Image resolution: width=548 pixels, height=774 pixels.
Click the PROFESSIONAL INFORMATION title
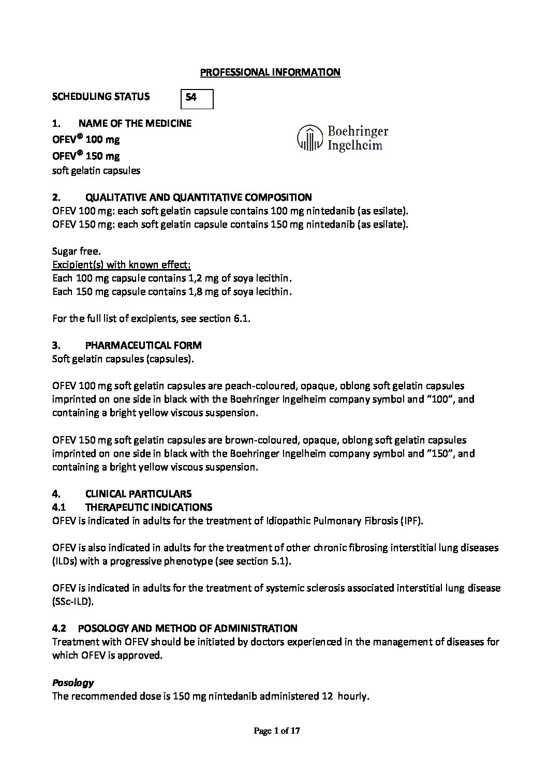click(270, 72)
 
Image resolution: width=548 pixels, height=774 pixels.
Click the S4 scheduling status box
click(197, 98)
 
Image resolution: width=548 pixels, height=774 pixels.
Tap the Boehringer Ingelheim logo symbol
click(309, 138)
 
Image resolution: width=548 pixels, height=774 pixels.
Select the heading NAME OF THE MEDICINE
click(135, 124)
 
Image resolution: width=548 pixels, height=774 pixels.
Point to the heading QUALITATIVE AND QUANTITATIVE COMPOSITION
click(198, 197)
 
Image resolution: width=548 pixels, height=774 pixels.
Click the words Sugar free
click(77, 251)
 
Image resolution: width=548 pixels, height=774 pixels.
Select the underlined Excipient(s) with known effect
click(122, 265)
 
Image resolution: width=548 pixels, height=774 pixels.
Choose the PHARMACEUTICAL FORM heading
click(143, 346)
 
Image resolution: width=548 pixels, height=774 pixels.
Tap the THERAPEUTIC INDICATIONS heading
click(149, 508)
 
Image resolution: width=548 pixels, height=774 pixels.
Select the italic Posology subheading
click(73, 683)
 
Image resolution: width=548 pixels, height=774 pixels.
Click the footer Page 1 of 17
click(277, 731)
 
